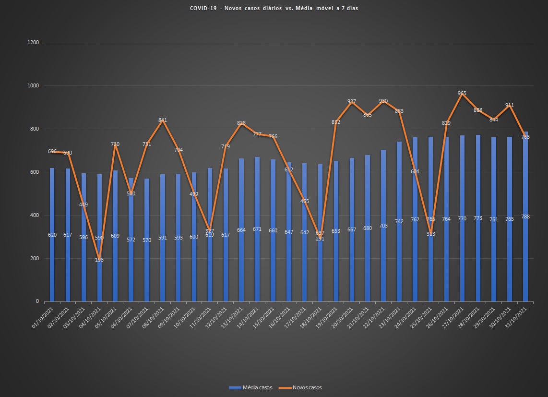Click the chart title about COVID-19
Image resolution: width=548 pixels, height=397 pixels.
[x=274, y=8]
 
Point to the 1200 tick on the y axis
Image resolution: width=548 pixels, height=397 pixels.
[x=33, y=43]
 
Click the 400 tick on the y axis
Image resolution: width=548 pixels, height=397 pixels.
[x=35, y=215]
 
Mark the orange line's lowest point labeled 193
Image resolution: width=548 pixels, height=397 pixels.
[x=99, y=259]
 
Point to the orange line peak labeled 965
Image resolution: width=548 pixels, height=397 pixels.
[x=462, y=94]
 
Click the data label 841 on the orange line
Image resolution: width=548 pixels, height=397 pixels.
[x=163, y=120]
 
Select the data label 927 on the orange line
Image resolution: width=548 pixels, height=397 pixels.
[x=352, y=101]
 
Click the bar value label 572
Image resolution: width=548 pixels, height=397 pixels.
[x=131, y=240]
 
